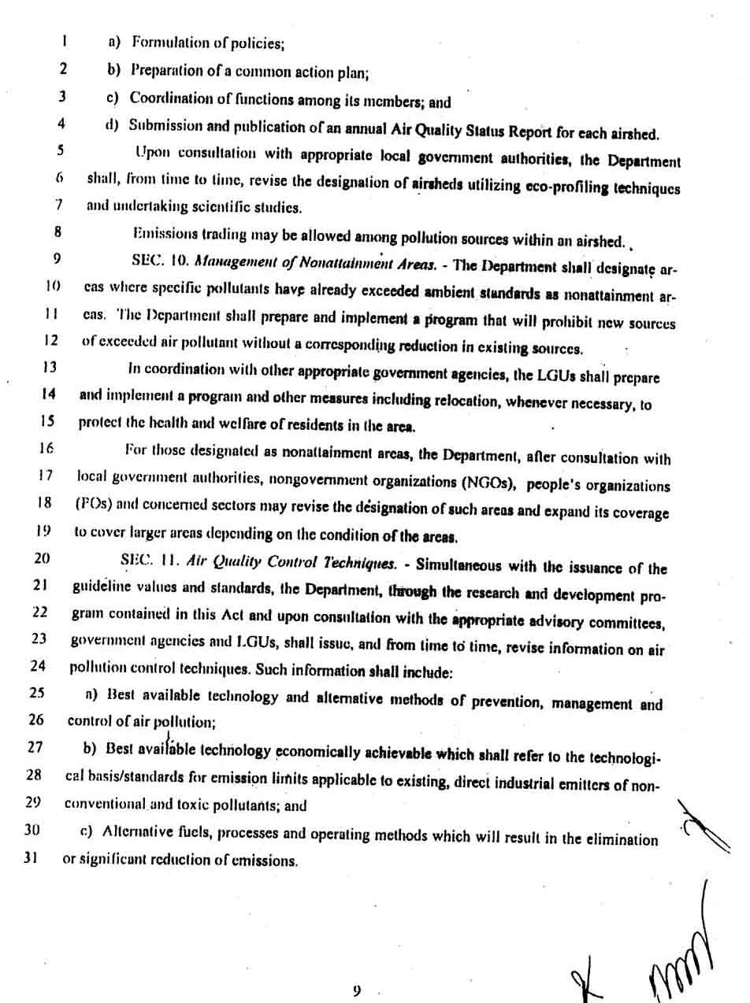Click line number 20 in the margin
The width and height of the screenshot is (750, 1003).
pos(42,559)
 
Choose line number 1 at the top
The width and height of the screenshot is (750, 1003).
pos(64,38)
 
